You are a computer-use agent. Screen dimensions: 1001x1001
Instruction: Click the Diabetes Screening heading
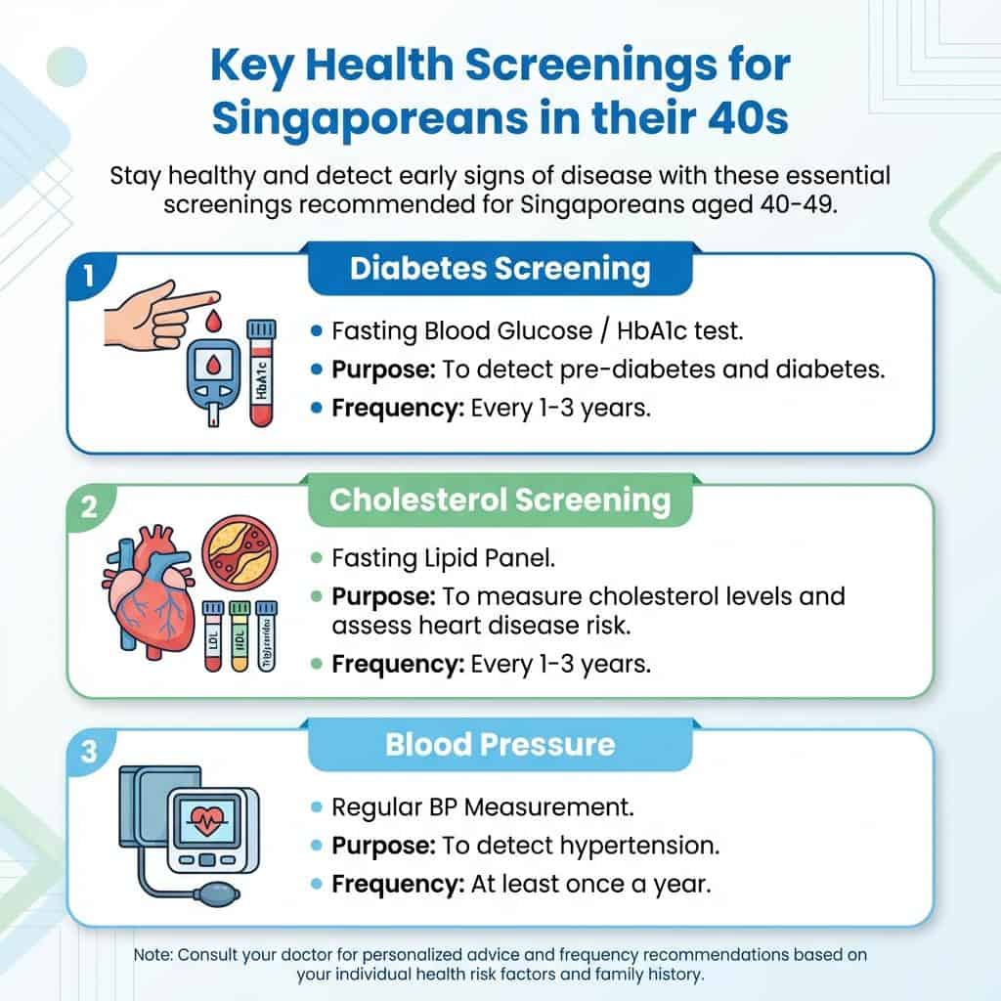click(500, 269)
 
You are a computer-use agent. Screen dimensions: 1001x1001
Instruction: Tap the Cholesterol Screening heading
click(500, 500)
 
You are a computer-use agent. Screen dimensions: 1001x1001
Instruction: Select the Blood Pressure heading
click(500, 745)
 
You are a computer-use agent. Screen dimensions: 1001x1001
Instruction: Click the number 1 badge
click(87, 275)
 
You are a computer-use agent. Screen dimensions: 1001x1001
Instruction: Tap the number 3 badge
click(87, 752)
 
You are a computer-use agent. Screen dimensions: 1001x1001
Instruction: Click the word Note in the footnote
click(152, 954)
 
